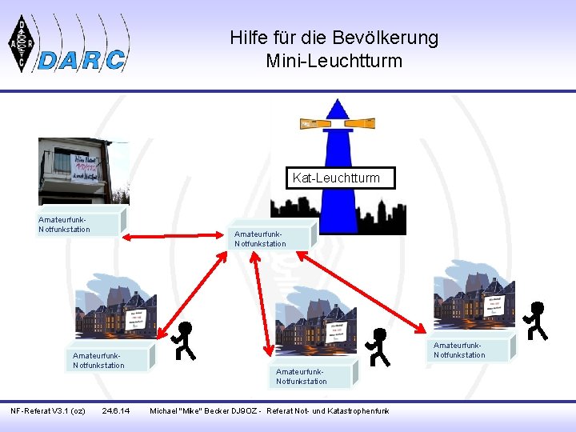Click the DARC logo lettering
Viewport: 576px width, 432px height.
(x=82, y=59)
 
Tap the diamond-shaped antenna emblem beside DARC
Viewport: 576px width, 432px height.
(x=22, y=43)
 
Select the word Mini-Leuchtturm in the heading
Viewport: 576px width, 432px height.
(x=334, y=61)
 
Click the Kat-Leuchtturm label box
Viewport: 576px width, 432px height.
(x=340, y=178)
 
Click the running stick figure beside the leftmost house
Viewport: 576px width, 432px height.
(x=185, y=341)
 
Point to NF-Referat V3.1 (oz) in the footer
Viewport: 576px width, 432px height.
(x=48, y=411)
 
